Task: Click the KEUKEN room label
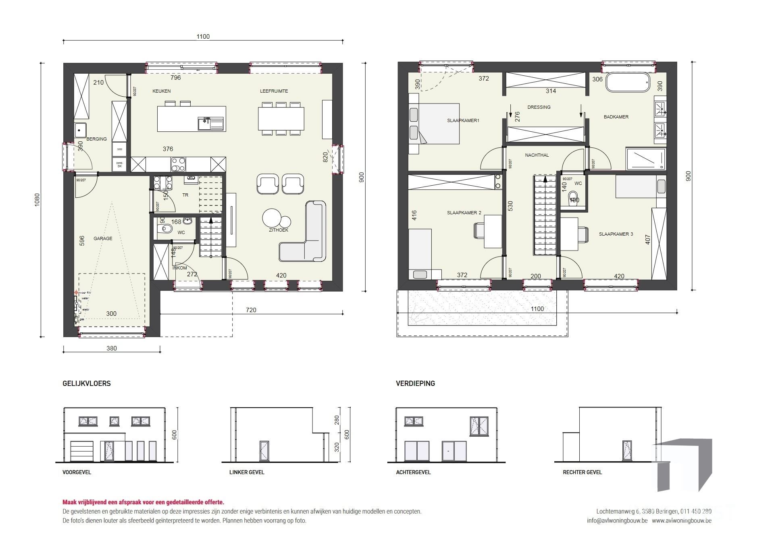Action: [161, 91]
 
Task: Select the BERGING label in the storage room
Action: [97, 139]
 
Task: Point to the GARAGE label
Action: [103, 238]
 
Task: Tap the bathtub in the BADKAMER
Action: [628, 83]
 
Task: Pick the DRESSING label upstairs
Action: [539, 107]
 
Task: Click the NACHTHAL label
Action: [537, 155]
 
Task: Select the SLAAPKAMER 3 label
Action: [616, 234]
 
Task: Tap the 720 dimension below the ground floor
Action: [251, 310]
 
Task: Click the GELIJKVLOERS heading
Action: [87, 383]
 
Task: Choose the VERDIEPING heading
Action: [415, 383]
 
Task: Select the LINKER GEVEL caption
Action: [247, 472]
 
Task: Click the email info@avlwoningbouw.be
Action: [617, 520]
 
